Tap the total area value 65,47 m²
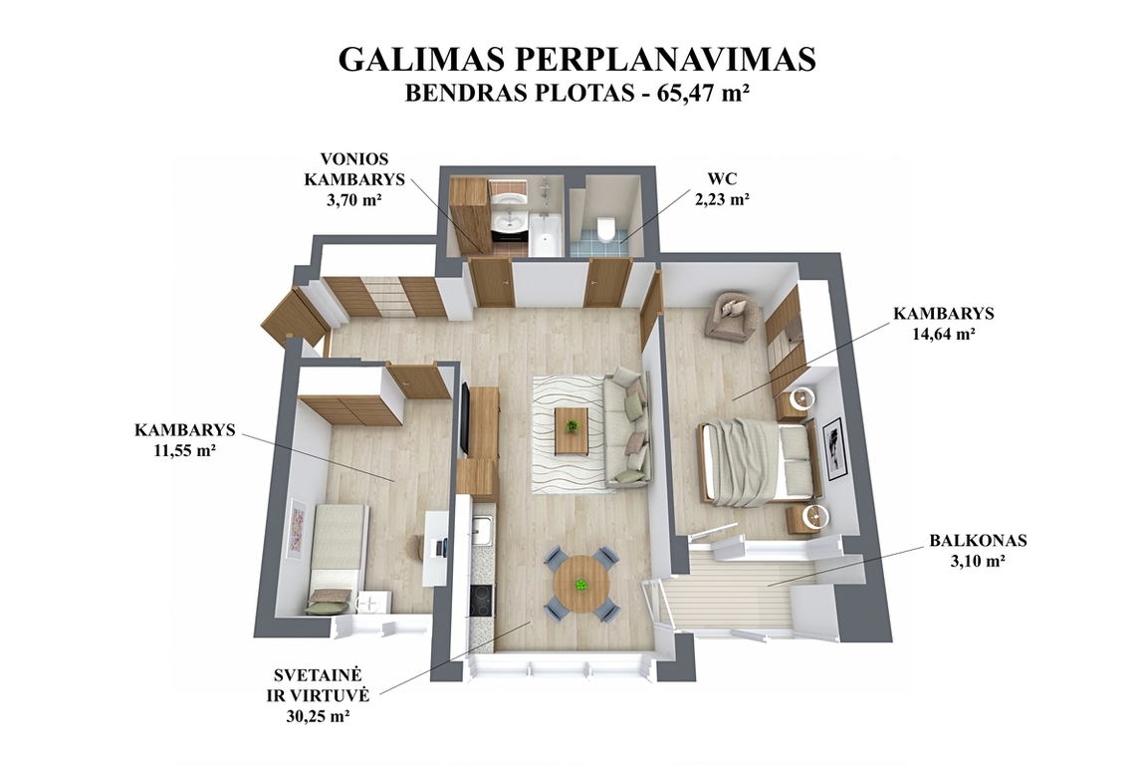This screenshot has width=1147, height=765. (703, 94)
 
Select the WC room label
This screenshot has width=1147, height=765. (721, 178)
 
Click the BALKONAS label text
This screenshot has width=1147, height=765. (978, 541)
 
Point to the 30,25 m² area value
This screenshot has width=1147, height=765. (318, 716)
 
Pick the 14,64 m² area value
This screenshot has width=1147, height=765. (944, 333)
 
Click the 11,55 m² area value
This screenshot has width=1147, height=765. (184, 450)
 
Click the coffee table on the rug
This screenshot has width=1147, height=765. (572, 429)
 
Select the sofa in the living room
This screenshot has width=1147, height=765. (628, 428)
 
